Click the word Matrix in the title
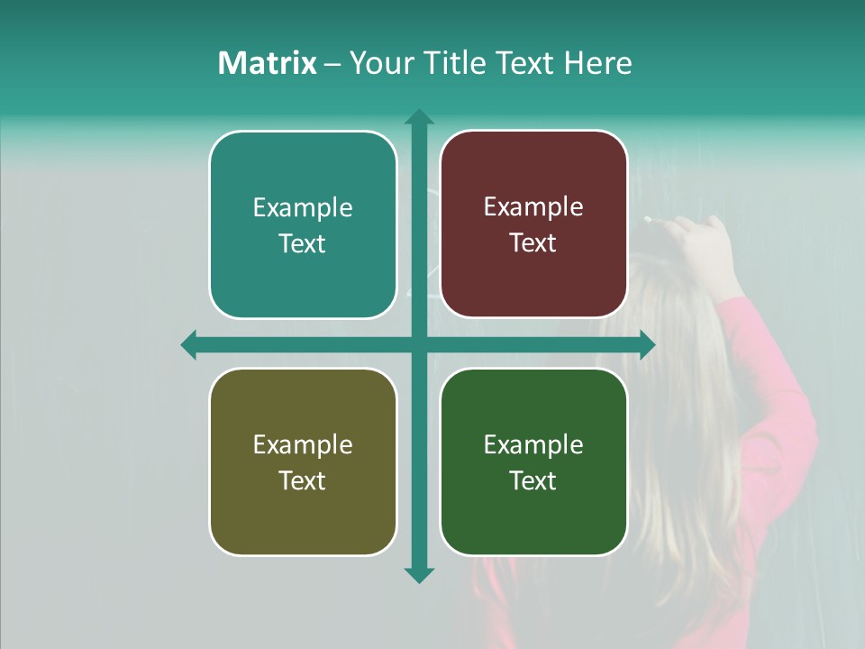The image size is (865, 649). (x=267, y=63)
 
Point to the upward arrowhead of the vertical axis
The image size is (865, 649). (x=418, y=118)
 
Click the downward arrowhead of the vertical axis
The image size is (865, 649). (x=418, y=574)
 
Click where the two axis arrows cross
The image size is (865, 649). (x=418, y=344)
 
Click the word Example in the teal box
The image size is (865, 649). (x=303, y=208)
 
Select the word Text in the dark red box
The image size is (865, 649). (x=533, y=243)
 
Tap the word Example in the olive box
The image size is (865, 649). (x=303, y=445)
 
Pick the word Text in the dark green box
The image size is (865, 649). (x=533, y=480)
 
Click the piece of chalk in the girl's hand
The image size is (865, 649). (x=650, y=219)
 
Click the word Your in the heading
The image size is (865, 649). (x=378, y=63)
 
